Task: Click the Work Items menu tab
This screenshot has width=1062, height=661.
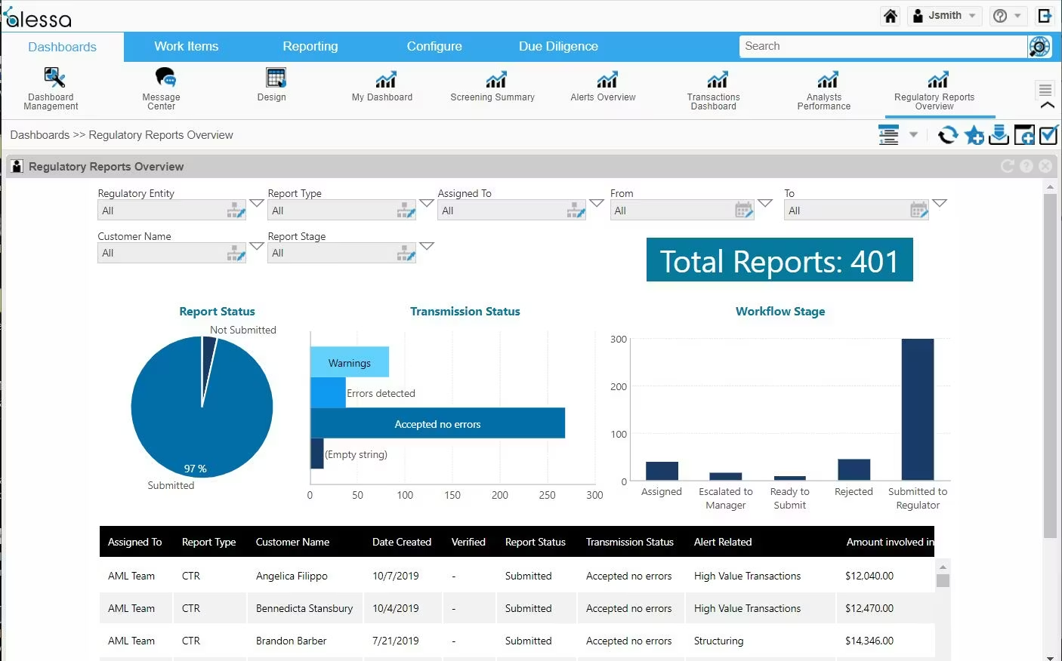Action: (x=186, y=47)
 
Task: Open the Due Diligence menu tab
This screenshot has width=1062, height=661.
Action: (x=558, y=47)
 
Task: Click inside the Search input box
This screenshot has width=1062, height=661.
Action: (x=881, y=47)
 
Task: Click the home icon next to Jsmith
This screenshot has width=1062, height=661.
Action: (x=891, y=16)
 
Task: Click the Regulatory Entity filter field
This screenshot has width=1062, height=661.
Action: (x=162, y=211)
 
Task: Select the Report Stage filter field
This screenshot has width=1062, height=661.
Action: (x=332, y=254)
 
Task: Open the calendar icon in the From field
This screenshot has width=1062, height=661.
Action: (x=743, y=211)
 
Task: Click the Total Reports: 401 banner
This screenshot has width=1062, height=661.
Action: (x=780, y=260)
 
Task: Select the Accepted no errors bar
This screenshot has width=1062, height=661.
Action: (x=437, y=423)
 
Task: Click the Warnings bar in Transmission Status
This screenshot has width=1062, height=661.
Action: (x=349, y=362)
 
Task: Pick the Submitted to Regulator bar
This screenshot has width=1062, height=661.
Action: (x=918, y=407)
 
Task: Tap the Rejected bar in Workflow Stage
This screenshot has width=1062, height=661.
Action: (x=854, y=469)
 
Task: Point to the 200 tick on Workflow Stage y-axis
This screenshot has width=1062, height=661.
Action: (x=619, y=387)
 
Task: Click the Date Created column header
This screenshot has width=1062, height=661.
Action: (x=401, y=542)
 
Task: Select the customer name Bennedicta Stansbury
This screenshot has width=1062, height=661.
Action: (x=304, y=608)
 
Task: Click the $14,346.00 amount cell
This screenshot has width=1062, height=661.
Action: (x=869, y=641)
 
